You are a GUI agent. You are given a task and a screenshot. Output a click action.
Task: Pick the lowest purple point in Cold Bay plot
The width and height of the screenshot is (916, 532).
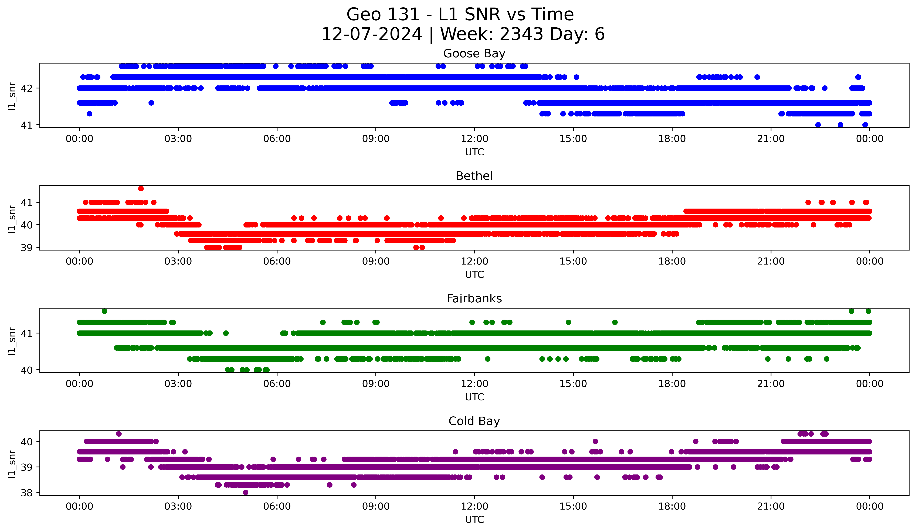coord(246,492)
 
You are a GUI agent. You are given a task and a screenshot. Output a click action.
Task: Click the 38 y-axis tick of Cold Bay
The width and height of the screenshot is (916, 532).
coord(26,493)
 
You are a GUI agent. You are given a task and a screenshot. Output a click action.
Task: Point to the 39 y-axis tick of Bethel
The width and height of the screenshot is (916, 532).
coord(26,248)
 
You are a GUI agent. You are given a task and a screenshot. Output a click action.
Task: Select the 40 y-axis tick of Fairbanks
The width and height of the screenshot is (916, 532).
coord(26,370)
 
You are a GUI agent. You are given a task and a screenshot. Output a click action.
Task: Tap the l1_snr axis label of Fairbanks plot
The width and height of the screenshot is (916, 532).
coord(12,341)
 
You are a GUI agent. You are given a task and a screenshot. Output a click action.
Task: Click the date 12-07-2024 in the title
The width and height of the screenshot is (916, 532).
coord(371,34)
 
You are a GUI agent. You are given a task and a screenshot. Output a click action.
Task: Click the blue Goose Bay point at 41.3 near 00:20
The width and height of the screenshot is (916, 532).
coord(89,114)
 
